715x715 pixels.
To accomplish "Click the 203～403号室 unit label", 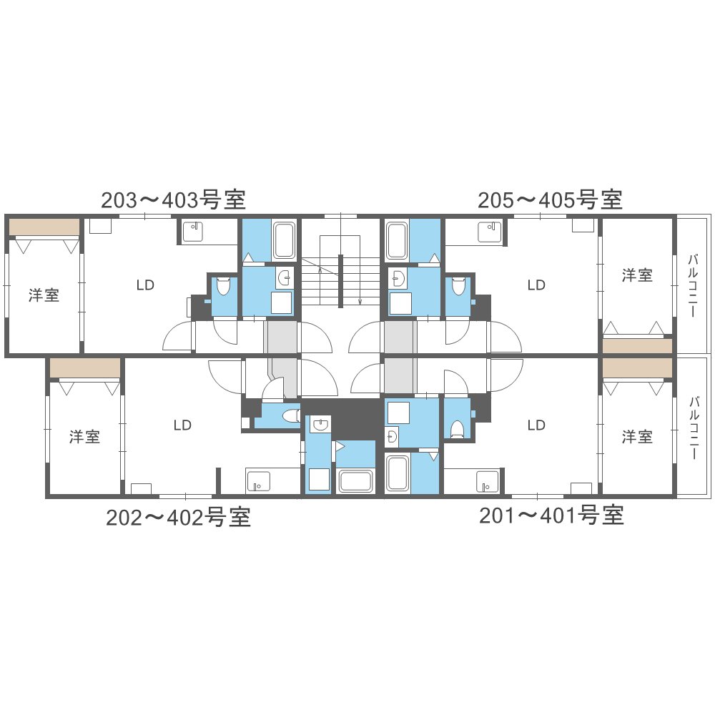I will pos(174,199).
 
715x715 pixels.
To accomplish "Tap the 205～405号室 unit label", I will pos(550,199).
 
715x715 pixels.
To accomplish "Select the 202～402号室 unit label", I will pos(179,517).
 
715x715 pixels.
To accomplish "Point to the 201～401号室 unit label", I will pos(551,515).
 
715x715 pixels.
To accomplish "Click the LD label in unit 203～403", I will pos(145,285).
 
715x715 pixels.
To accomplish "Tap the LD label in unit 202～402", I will pos(182,425).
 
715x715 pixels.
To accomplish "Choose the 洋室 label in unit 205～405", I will pos(636,275).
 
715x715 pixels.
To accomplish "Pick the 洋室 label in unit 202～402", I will pos(84,437).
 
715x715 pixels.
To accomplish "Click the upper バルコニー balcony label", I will pos(692,285).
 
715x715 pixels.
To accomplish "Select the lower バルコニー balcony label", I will pos(692,427).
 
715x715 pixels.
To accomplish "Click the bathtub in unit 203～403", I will pos(285,241).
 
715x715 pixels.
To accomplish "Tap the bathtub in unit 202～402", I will pos(355,480).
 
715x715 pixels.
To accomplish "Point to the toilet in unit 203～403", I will pos(223,286).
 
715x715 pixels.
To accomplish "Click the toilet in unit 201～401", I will pos(457,428).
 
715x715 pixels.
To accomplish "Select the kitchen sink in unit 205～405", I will pos(490,231).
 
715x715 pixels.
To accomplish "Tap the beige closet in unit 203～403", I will pos(44,227).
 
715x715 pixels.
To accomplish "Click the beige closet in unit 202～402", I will pos(85,368).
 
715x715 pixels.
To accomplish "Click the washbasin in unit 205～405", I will pos(398,277).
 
